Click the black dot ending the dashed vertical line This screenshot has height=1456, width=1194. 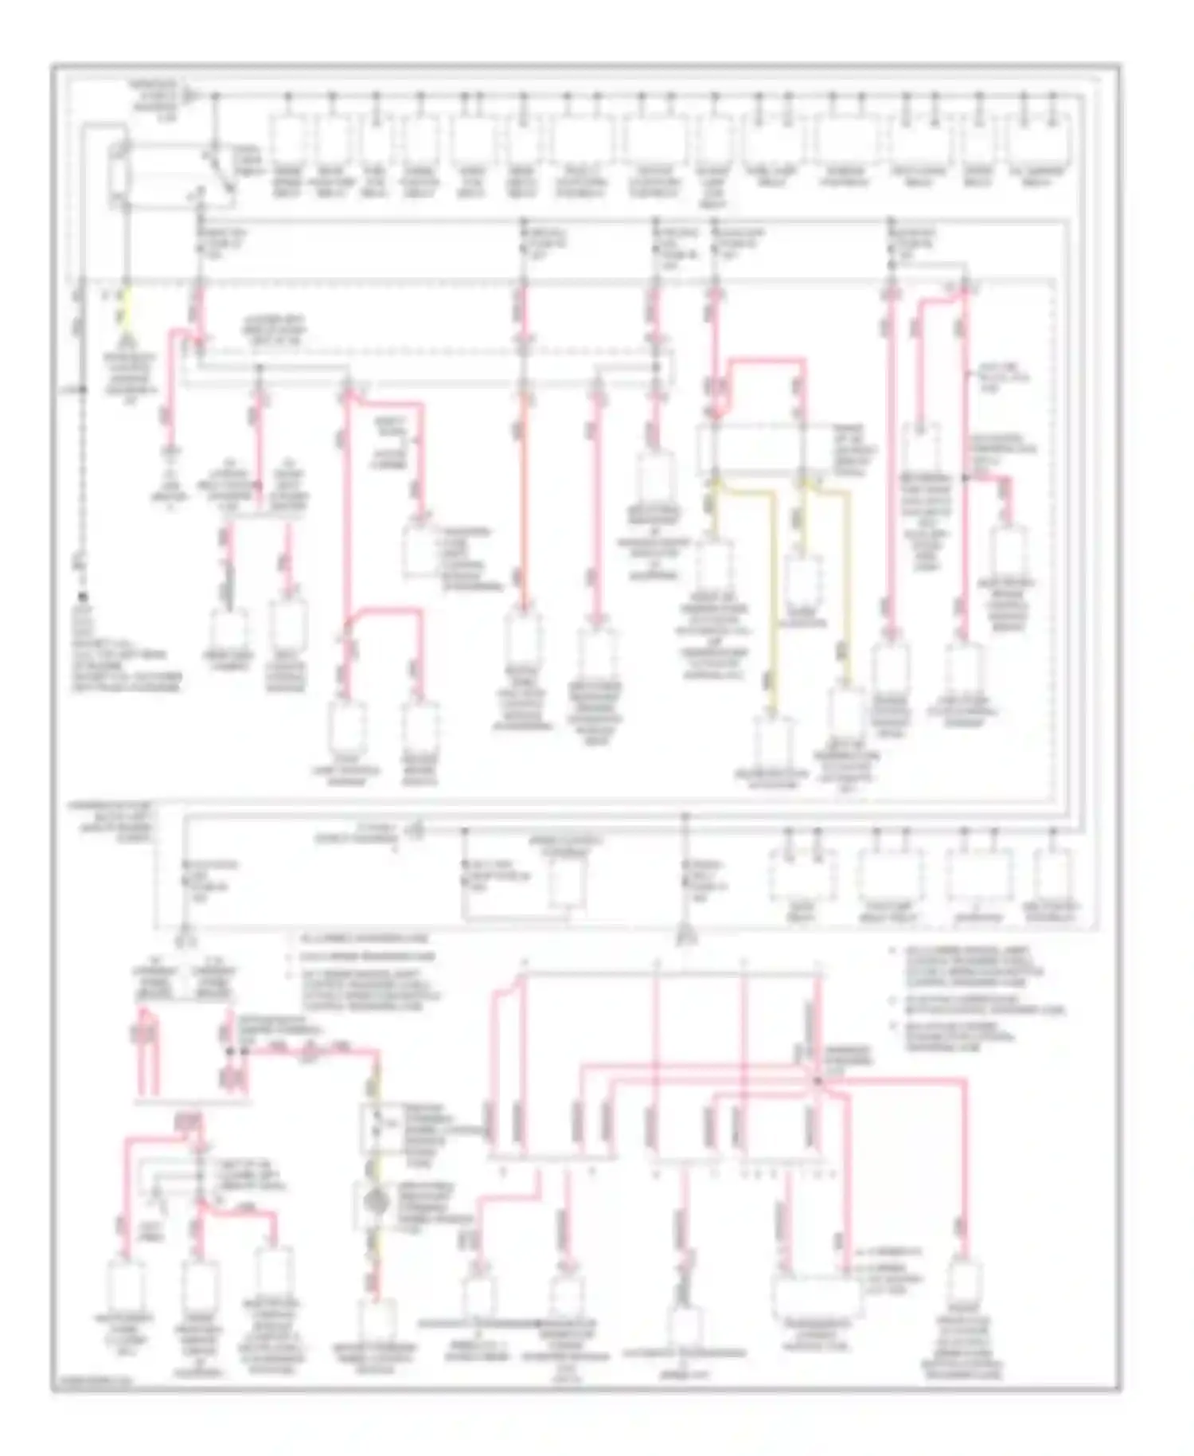(82, 597)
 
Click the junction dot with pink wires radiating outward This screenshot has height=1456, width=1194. (817, 1081)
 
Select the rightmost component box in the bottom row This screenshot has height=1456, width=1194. (965, 1284)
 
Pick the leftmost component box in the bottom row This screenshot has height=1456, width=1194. (126, 1286)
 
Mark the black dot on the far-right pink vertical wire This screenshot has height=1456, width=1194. (966, 478)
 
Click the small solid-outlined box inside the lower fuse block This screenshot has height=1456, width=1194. (568, 884)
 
